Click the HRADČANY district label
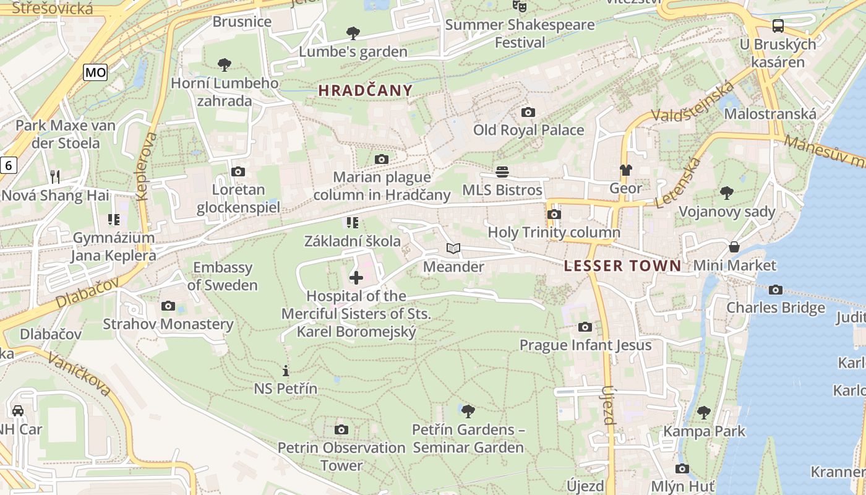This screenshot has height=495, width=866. [365, 90]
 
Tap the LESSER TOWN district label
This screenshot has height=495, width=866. [622, 266]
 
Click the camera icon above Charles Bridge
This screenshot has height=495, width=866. [776, 290]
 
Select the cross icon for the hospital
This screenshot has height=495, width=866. [356, 277]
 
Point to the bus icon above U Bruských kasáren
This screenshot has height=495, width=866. [778, 26]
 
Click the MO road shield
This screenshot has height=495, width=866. [96, 72]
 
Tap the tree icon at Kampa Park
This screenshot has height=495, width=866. [703, 413]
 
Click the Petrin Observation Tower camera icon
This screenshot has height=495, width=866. [341, 429]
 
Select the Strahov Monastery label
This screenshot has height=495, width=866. [168, 324]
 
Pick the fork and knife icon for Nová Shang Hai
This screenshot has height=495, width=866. [55, 177]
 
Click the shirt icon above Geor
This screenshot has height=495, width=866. [626, 170]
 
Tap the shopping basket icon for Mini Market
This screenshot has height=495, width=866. [734, 247]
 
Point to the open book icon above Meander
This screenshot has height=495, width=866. [453, 249]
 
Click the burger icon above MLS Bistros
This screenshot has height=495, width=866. [502, 171]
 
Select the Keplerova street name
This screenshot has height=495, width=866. [146, 166]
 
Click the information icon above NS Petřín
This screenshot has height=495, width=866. [286, 371]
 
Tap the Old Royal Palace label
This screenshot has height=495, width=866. [528, 130]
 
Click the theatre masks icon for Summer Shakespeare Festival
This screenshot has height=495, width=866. [520, 6]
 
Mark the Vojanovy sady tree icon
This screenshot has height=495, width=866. [727, 193]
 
